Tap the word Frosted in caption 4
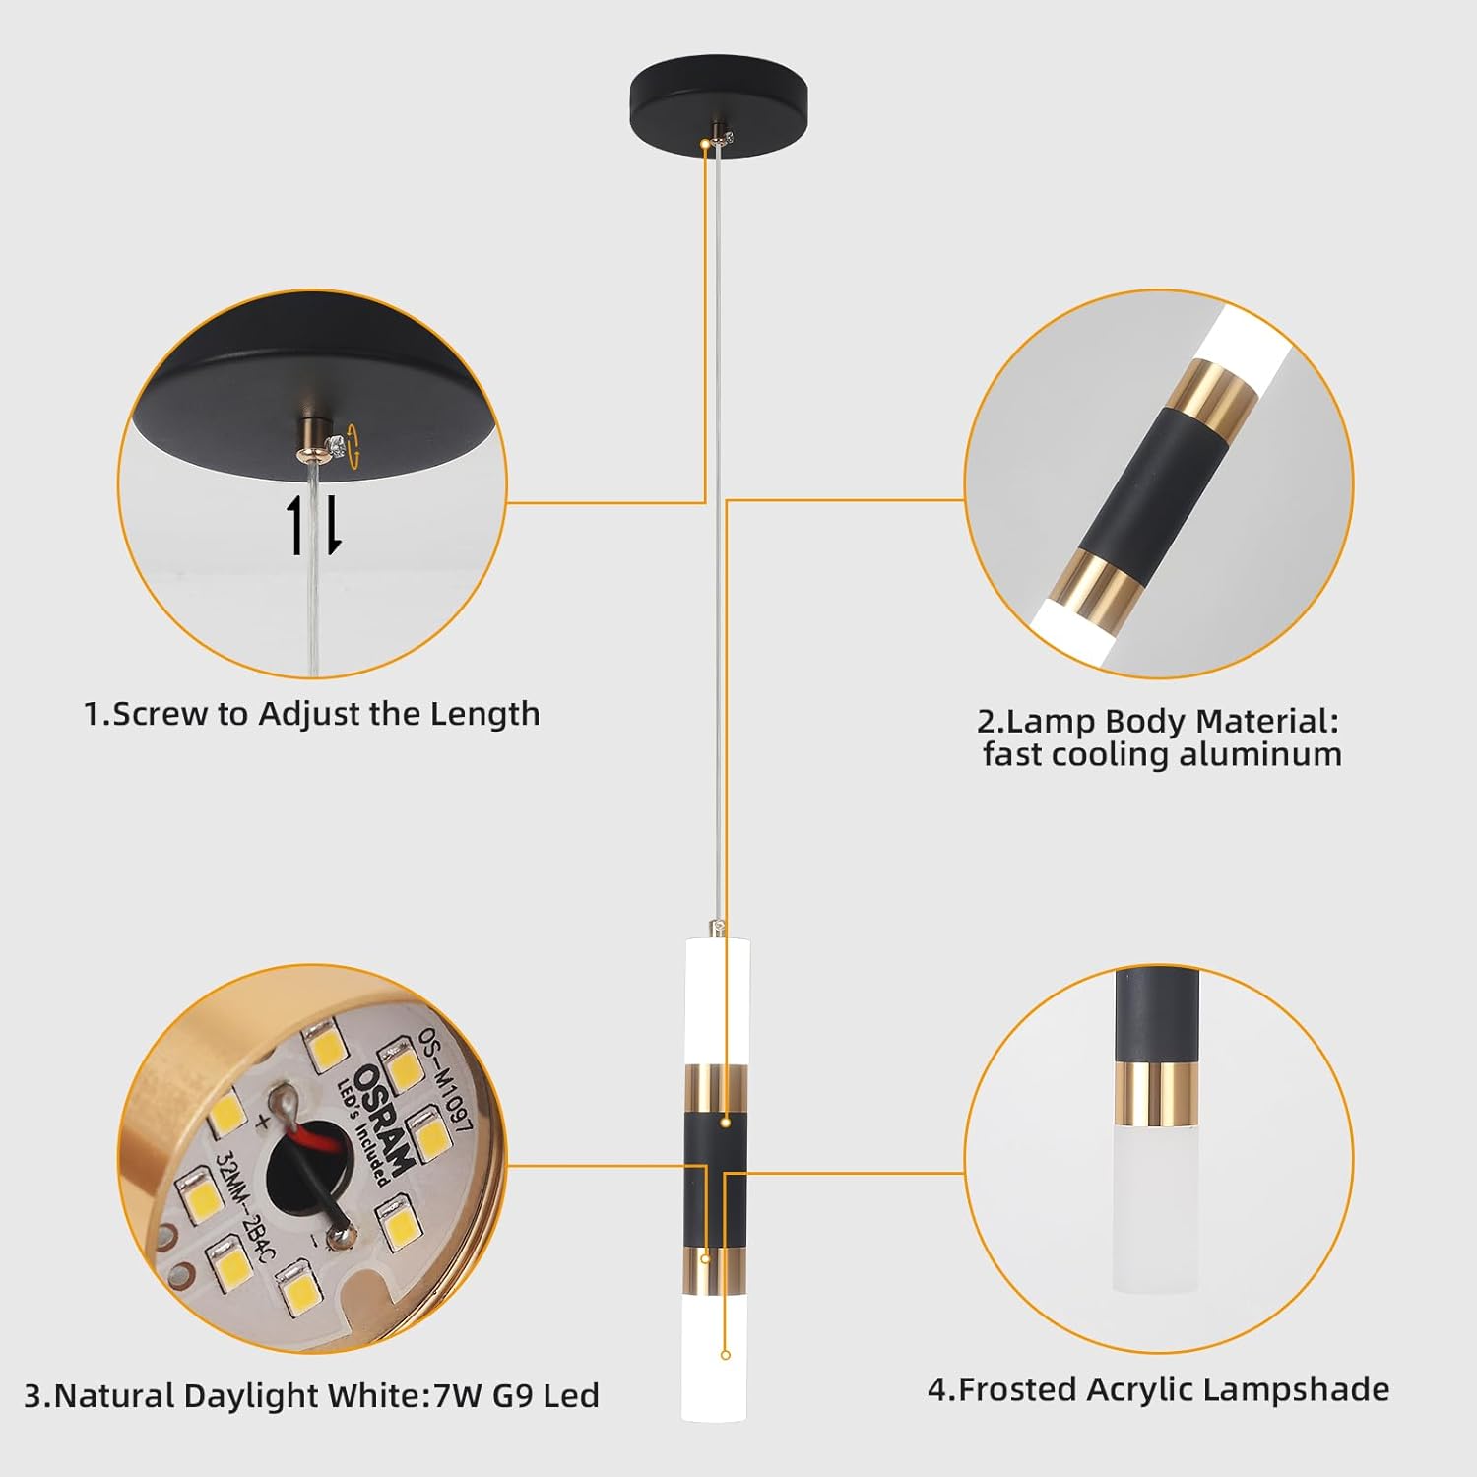click(x=1018, y=1389)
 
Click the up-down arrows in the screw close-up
click(x=313, y=525)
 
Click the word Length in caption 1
click(x=491, y=714)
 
